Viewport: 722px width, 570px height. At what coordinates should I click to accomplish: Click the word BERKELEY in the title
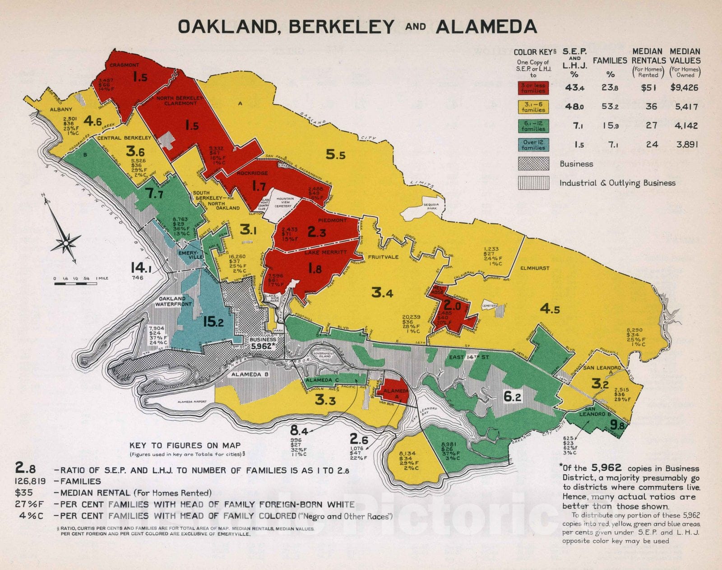pos(342,27)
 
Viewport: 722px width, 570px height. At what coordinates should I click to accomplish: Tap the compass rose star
pos(66,243)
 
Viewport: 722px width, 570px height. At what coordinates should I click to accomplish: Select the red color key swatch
pos(533,88)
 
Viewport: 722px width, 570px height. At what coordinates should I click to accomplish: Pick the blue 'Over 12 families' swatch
pos(533,145)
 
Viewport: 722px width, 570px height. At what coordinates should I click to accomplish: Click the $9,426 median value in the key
pos(684,88)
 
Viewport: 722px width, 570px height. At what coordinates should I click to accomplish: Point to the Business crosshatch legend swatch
pos(533,164)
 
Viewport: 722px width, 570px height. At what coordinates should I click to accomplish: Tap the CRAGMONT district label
pos(125,65)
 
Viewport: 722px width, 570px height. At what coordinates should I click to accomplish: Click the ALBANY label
pos(61,109)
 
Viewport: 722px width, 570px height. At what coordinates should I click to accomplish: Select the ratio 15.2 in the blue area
pos(213,322)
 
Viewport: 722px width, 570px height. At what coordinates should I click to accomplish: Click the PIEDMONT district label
pos(333,220)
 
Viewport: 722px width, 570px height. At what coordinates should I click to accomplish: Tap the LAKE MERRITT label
pos(325,252)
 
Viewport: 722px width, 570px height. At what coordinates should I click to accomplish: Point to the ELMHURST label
pos(535,268)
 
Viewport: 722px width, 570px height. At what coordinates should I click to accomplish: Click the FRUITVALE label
pos(383,257)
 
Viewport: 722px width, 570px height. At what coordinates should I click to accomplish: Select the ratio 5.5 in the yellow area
pos(336,155)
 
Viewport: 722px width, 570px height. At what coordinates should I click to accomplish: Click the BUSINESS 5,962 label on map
pos(263,343)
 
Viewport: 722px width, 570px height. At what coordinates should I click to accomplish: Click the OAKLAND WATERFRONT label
pos(174,301)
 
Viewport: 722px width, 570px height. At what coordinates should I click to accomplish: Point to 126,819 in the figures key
pos(29,482)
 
